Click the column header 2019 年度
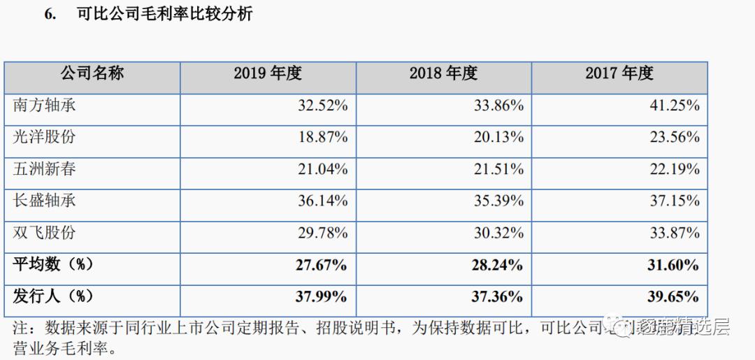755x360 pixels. pyautogui.click(x=268, y=73)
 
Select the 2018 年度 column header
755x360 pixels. pyautogui.click(x=443, y=73)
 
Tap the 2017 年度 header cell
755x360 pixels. pyautogui.click(x=619, y=73)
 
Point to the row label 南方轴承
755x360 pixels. pyautogui.click(x=45, y=106)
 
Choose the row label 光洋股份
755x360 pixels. pyautogui.click(x=45, y=138)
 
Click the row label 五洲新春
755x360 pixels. pyautogui.click(x=45, y=169)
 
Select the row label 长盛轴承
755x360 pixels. pyautogui.click(x=45, y=201)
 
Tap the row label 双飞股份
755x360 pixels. pyautogui.click(x=45, y=233)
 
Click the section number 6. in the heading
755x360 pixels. pyautogui.click(x=50, y=15)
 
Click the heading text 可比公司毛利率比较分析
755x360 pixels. pyautogui.click(x=164, y=15)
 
